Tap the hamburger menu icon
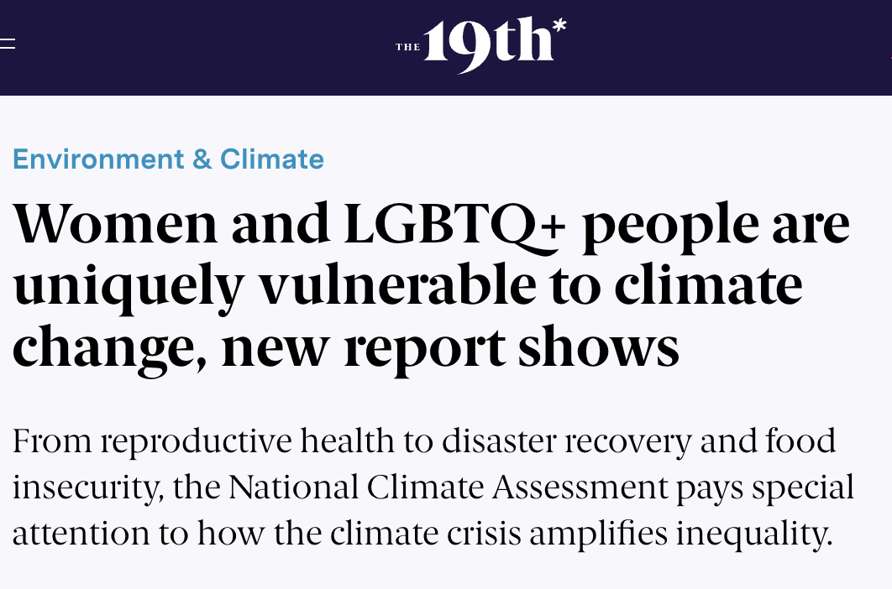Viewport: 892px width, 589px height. [7, 44]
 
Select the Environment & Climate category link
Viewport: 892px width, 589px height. [168, 159]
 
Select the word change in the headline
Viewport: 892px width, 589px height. [108, 349]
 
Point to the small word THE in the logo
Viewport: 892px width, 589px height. [407, 47]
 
